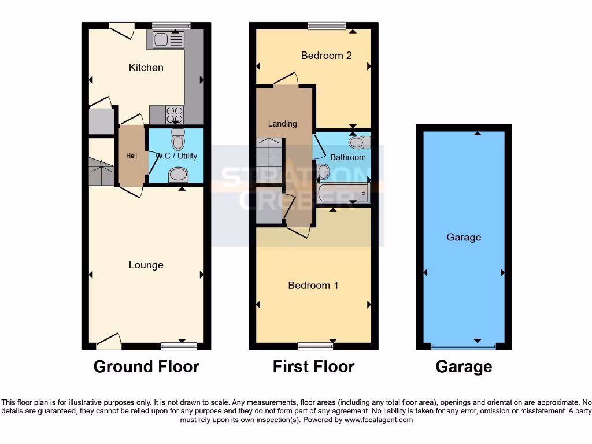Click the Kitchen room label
point(146,68)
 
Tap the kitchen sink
point(168,40)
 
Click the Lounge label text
point(146,265)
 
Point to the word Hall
point(132,156)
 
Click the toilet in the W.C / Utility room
point(178,139)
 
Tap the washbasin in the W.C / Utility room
point(178,175)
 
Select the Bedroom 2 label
point(326,55)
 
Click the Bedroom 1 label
point(313,286)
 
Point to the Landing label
point(283,124)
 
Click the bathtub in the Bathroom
point(343,193)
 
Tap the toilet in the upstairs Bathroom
point(358,142)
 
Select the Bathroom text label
point(348,157)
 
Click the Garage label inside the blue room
point(464,238)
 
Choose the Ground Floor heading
point(146,367)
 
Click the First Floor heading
point(313,367)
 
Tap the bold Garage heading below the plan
point(464,367)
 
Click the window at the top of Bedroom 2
point(327,25)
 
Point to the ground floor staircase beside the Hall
point(101,172)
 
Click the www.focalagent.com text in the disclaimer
point(379,420)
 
